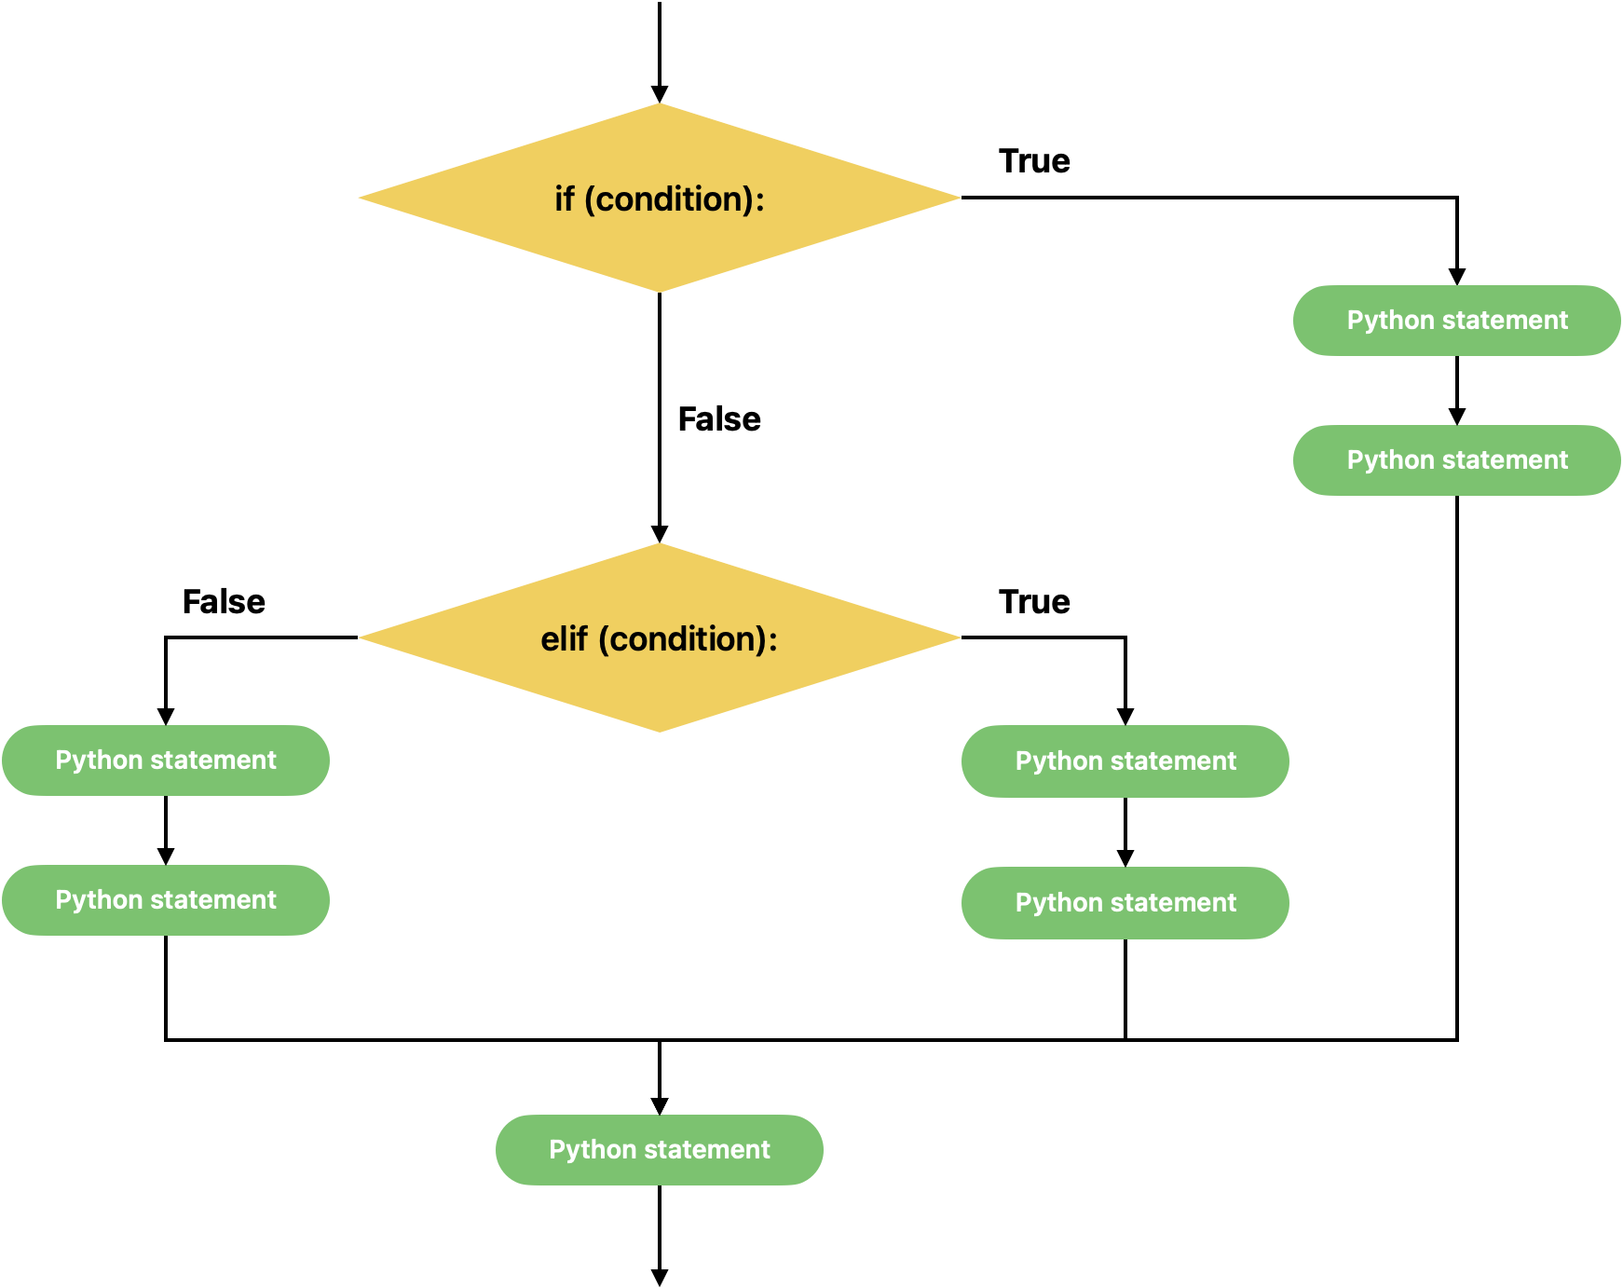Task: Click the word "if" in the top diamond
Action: coord(565,199)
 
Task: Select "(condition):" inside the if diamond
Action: coord(675,199)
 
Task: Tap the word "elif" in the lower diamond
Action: coord(564,639)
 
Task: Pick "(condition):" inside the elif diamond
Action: coord(688,639)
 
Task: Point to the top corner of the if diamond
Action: coord(660,104)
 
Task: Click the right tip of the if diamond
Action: coord(959,198)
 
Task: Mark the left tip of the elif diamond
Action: coord(361,637)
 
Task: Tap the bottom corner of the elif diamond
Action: coord(660,731)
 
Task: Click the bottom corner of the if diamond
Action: coord(660,291)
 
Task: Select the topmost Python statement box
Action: coord(1456,321)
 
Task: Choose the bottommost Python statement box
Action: coord(659,1150)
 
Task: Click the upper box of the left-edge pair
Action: coord(166,760)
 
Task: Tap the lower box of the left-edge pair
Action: coord(166,900)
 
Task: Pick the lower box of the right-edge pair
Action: coord(1456,460)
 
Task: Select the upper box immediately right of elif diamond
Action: coord(1125,761)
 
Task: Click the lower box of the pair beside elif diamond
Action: coord(1125,903)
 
